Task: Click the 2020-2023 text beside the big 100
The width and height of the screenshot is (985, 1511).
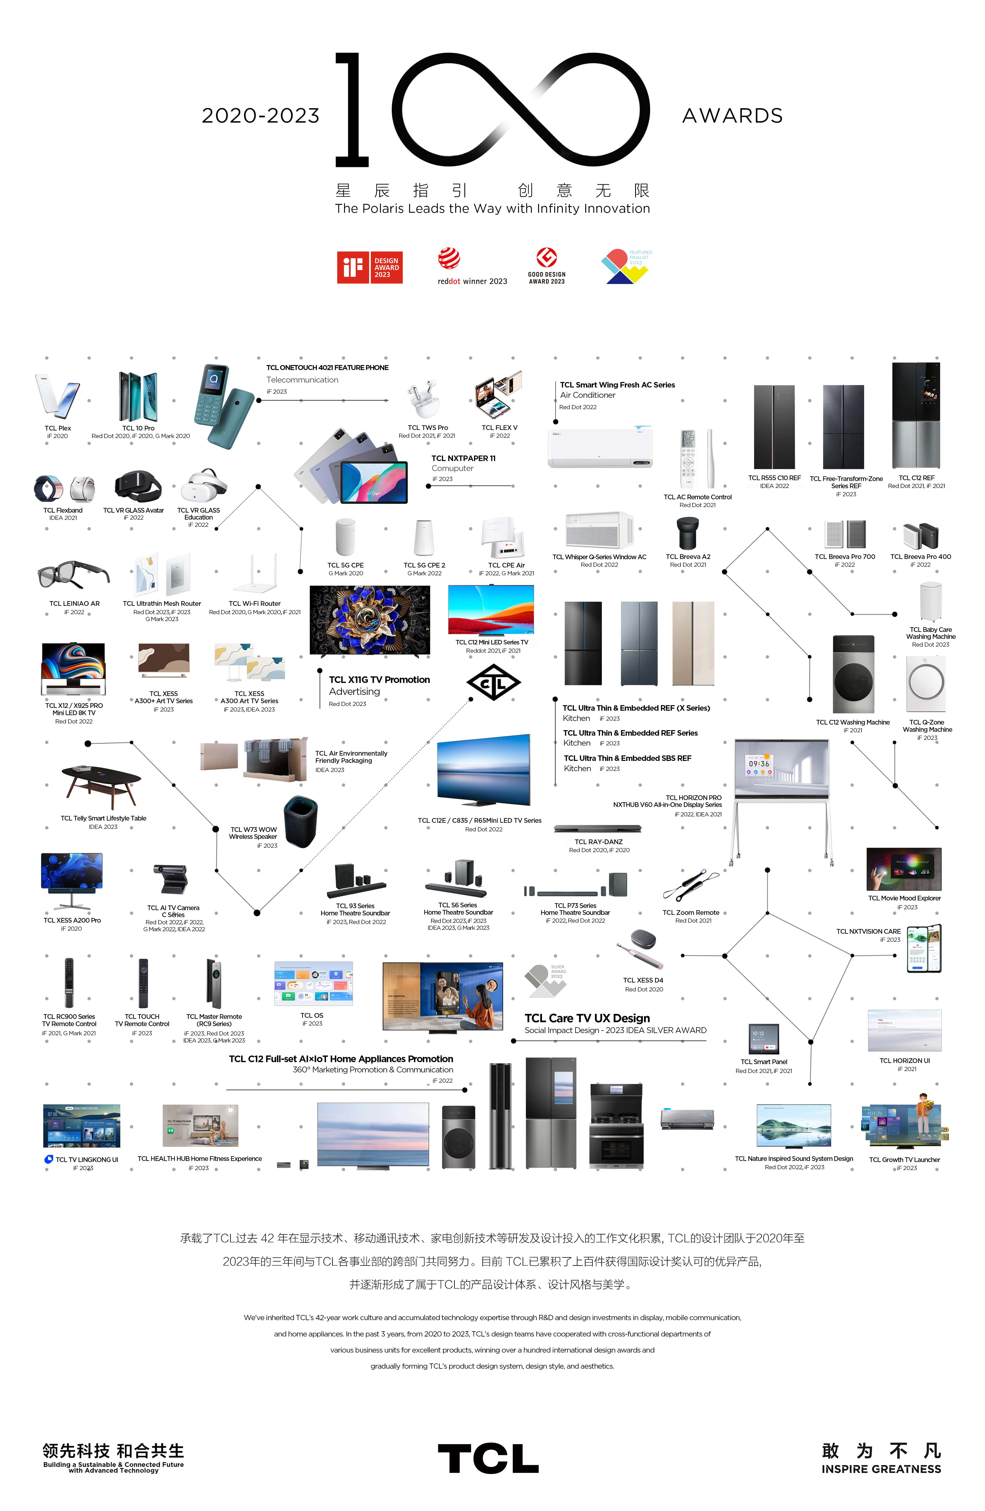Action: coord(260,116)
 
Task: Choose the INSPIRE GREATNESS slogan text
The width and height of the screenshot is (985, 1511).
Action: coord(881,1469)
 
